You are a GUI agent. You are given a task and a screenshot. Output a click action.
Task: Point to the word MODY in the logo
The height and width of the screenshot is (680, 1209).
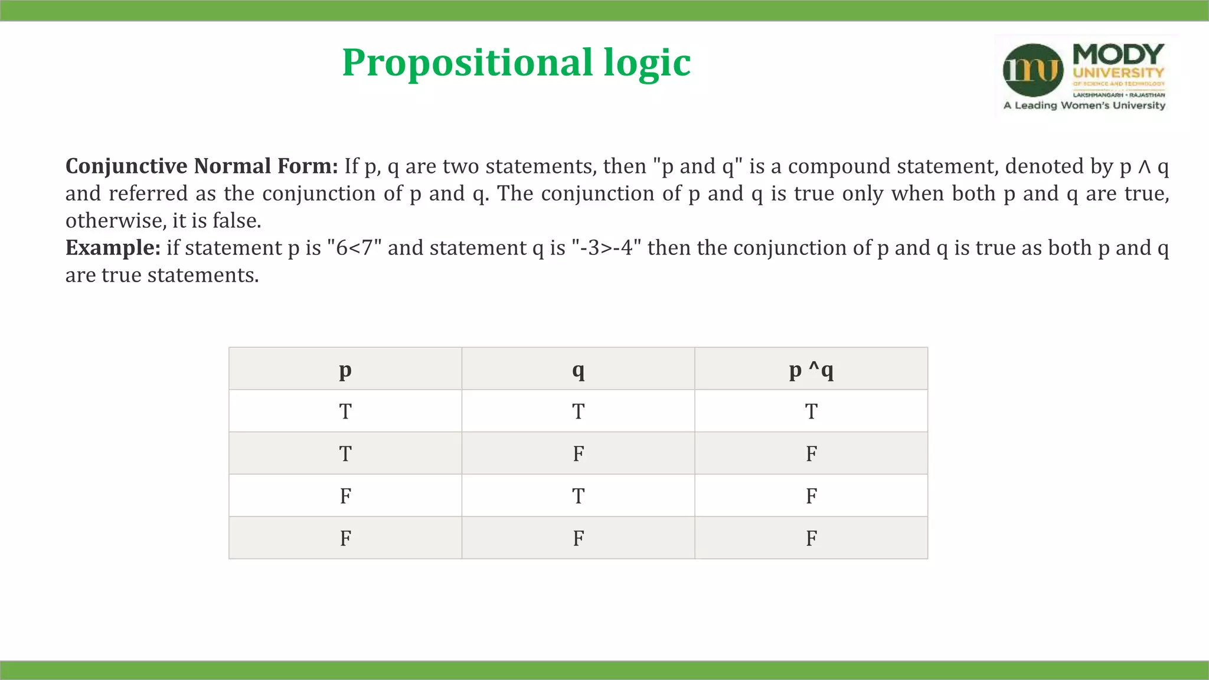(x=1118, y=54)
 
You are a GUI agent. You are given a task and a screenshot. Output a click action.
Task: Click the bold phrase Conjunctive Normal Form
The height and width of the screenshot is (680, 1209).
(x=201, y=166)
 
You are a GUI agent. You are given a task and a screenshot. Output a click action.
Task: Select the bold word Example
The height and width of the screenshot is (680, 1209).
(x=113, y=248)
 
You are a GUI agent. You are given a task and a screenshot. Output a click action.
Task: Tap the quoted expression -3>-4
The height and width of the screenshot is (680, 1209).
(x=606, y=248)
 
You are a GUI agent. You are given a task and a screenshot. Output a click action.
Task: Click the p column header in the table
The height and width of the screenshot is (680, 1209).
(x=345, y=370)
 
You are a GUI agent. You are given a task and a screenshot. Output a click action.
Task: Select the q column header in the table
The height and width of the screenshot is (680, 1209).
(x=579, y=370)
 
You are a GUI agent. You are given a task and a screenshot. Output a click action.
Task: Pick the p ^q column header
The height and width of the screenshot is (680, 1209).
(x=811, y=370)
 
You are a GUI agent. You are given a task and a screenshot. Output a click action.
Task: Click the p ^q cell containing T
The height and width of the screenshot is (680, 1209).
(x=811, y=411)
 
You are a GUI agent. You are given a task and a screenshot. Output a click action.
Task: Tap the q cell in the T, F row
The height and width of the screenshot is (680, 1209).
(x=579, y=454)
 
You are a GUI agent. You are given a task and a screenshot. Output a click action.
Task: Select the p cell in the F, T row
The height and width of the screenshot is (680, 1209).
(x=345, y=496)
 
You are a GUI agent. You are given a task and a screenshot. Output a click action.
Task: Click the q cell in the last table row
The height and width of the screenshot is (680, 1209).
(x=579, y=538)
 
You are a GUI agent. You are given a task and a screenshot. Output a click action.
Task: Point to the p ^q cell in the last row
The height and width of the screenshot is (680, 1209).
(x=811, y=538)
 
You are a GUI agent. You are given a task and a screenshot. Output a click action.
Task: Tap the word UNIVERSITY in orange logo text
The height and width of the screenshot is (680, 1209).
(x=1118, y=73)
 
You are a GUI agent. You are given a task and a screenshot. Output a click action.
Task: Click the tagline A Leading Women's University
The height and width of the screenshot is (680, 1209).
(x=1084, y=106)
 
